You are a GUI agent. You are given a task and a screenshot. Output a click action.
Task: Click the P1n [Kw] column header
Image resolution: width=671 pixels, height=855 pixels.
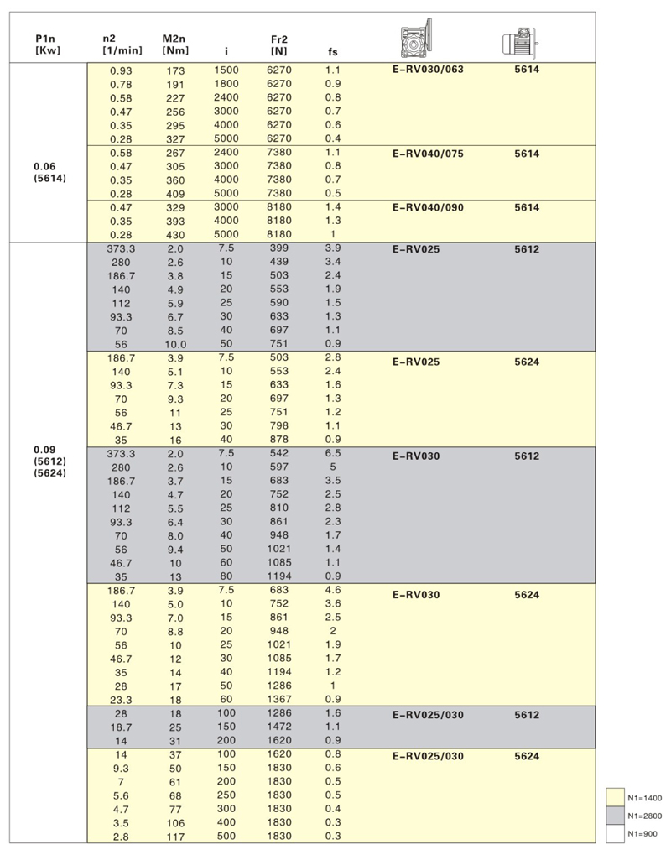coord(45,44)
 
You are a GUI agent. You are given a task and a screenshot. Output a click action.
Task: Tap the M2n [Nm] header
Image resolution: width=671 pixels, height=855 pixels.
coord(175,44)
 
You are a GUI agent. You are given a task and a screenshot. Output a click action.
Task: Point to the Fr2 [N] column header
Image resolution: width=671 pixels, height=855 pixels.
coord(279,44)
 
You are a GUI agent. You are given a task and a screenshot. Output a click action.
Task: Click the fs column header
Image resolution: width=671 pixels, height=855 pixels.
coord(333,51)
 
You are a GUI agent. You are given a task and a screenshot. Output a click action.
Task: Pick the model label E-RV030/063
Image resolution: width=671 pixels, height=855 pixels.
coord(427,70)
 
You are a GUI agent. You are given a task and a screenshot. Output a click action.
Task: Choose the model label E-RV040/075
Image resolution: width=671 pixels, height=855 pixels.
coord(427,154)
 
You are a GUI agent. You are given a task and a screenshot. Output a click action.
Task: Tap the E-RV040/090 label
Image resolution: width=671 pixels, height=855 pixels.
coord(427,208)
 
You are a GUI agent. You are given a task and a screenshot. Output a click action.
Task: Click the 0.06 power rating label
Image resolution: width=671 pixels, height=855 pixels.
coord(45,166)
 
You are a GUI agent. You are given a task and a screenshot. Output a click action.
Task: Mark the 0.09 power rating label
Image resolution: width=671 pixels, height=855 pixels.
coord(45,448)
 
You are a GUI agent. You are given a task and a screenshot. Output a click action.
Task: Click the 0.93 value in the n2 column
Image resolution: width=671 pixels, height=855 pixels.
coord(121,70)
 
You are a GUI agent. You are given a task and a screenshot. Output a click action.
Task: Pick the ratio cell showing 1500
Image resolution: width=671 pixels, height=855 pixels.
coord(226,70)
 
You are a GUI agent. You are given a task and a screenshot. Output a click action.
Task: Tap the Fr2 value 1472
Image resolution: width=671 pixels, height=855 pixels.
coord(279,727)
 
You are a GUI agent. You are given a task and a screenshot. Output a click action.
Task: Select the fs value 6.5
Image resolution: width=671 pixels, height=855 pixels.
coord(333,453)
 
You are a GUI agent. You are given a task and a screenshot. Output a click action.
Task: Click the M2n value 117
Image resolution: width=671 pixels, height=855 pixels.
coord(176,837)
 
